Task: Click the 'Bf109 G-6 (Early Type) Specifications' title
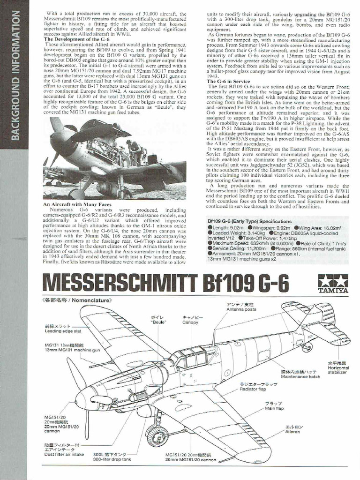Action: coord(249,221)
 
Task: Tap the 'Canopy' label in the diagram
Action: coord(190,322)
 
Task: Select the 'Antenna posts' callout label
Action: coord(241,310)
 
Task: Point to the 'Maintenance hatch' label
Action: coord(300,376)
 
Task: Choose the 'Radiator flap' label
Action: coord(253,389)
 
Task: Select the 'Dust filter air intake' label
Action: coord(64,454)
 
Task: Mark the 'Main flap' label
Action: coord(274,408)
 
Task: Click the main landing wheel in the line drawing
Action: coord(157,436)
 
